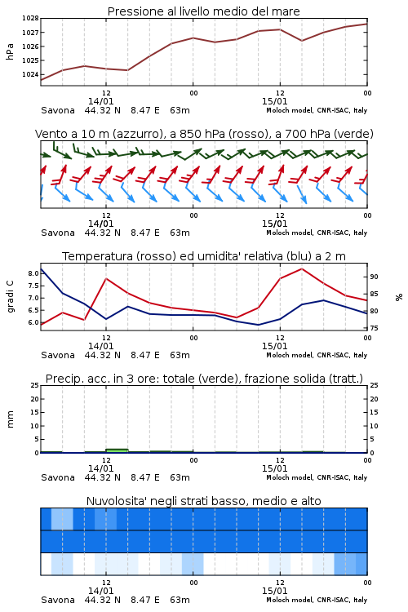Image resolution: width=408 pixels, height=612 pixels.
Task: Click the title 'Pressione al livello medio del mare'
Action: (x=203, y=11)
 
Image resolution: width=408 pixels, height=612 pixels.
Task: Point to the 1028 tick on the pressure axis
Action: (x=30, y=18)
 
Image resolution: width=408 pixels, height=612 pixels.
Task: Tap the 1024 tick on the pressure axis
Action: (x=30, y=74)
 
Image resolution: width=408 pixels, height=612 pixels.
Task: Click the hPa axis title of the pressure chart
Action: (x=10, y=51)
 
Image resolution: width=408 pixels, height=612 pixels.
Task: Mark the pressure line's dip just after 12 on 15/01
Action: (x=302, y=41)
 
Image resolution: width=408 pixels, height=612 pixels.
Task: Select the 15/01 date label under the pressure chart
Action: (x=274, y=101)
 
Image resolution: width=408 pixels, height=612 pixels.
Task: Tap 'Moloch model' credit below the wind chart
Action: (x=290, y=233)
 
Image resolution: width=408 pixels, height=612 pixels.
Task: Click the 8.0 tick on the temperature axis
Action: (x=33, y=273)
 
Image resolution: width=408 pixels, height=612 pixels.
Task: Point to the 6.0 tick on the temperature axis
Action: (x=33, y=322)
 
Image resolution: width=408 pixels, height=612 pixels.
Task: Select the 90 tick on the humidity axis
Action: (x=374, y=277)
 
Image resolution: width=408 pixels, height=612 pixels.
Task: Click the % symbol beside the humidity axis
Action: (x=399, y=297)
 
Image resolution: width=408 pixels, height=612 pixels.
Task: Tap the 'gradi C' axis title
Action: (x=10, y=297)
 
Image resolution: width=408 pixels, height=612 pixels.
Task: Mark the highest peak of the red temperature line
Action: (x=302, y=268)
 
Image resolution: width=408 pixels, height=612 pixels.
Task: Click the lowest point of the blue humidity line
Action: (x=258, y=325)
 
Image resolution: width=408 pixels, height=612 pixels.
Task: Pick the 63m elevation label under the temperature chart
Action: (x=180, y=355)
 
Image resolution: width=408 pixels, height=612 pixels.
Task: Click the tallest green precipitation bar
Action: (x=117, y=450)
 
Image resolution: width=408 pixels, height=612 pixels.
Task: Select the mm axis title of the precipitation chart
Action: (x=10, y=419)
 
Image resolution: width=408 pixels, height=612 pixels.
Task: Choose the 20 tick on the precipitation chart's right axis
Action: (x=374, y=399)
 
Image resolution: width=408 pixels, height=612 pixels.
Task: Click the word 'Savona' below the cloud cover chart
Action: (x=58, y=600)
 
